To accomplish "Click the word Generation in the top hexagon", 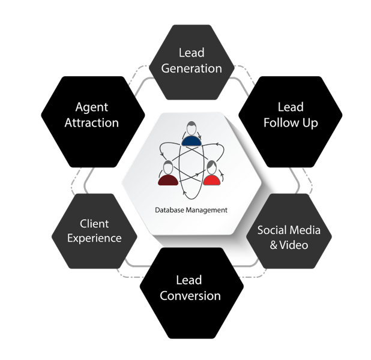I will click(192, 68).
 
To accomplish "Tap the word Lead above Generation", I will click(192, 53).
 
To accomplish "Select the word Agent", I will click(92, 107).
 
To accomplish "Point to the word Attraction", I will click(92, 122).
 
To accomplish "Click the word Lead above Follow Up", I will click(291, 107).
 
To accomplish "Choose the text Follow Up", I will click(291, 122).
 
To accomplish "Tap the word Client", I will click(94, 224).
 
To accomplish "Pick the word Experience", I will click(94, 238).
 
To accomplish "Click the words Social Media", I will click(289, 230).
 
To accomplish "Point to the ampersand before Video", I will click(274, 245).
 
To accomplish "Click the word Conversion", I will click(190, 295).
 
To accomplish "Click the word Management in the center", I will click(206, 210).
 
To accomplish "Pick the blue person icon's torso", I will click(190, 141).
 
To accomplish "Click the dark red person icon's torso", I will click(168, 179).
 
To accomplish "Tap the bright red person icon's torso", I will click(211, 179).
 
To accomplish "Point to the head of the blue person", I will click(190, 128).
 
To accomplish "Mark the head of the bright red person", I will click(211, 166).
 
